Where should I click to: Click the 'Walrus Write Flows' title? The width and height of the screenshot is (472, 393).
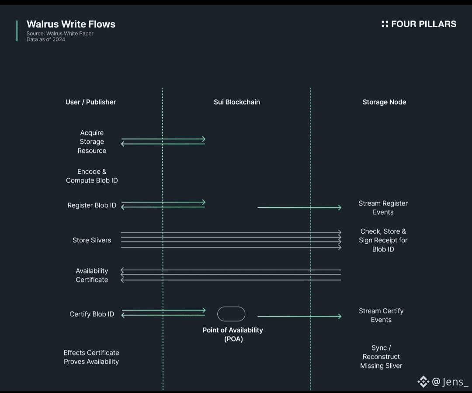(71, 24)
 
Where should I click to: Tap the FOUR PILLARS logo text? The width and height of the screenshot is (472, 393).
(423, 24)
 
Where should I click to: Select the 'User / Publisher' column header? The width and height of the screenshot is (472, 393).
(90, 102)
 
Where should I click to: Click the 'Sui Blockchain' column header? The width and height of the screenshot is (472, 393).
(236, 102)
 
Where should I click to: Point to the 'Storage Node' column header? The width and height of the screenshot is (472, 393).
(384, 102)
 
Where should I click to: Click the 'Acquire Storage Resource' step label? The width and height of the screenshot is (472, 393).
(92, 142)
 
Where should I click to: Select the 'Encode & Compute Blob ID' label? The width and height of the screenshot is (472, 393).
(92, 176)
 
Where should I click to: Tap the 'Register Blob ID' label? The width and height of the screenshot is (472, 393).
(92, 205)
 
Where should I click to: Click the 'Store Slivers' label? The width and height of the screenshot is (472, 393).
(92, 240)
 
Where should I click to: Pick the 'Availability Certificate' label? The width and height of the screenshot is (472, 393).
(92, 276)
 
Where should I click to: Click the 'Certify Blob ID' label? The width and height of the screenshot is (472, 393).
(92, 314)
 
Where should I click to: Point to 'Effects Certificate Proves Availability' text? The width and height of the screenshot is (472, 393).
(91, 357)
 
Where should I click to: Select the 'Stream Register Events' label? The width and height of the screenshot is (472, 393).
(383, 208)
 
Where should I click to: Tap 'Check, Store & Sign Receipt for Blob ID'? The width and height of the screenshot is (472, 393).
(383, 240)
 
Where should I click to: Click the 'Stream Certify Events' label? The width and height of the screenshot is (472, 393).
(381, 315)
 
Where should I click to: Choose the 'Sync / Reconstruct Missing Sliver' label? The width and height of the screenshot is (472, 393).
(381, 357)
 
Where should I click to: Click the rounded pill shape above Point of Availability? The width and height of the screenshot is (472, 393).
(231, 314)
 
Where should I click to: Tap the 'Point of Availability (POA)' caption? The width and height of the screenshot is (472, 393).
(233, 334)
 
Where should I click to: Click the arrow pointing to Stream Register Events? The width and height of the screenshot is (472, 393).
(299, 207)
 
